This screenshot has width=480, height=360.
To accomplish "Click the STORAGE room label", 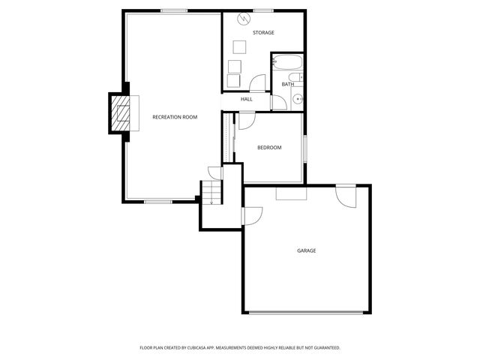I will click(x=263, y=33).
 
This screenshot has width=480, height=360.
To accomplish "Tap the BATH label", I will click(x=288, y=84).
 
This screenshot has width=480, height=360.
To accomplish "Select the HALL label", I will click(x=247, y=99).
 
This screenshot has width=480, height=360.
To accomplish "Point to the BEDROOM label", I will click(x=269, y=148).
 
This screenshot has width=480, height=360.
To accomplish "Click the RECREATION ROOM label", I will click(x=175, y=117).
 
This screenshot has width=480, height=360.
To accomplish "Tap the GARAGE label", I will click(x=306, y=250).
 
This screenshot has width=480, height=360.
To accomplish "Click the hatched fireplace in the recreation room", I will click(x=120, y=113).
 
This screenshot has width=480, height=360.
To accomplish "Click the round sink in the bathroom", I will click(x=298, y=98).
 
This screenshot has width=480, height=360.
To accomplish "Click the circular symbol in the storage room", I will click(x=242, y=18).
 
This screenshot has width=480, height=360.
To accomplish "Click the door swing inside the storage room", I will click(x=258, y=84).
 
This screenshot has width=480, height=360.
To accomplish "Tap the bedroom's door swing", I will click(x=247, y=118).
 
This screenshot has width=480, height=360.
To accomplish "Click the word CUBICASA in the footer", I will click(x=199, y=348).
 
